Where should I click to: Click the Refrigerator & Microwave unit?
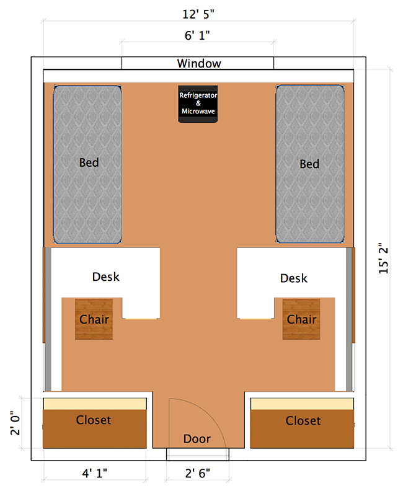tap(198, 104)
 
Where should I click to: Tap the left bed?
tap(87, 164)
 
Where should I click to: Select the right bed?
tap(309, 164)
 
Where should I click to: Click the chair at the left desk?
tap(95, 319)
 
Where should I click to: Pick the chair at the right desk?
tap(302, 319)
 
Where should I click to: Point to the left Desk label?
tap(105, 276)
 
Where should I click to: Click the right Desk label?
tap(293, 278)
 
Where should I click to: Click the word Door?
tap(197, 439)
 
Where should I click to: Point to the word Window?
tap(198, 63)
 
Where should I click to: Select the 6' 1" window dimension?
tap(198, 36)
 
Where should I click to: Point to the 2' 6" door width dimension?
tap(197, 473)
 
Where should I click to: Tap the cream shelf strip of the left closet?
tap(95, 404)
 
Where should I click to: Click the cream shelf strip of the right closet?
tap(303, 404)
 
